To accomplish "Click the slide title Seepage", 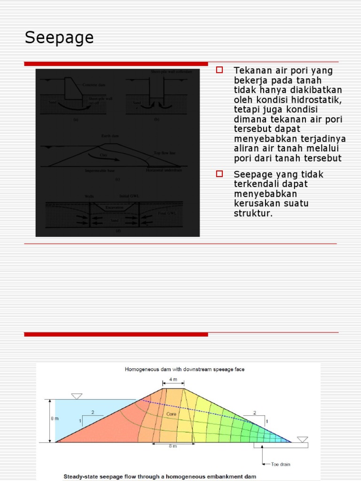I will [x=59, y=38].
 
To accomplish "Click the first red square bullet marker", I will [x=219, y=70].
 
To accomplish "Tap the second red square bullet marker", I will [x=219, y=174].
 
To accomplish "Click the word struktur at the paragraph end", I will [x=252, y=214].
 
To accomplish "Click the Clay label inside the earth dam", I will [x=103, y=154].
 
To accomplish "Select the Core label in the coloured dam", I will [x=172, y=414].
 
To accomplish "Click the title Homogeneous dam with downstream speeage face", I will [x=184, y=369].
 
